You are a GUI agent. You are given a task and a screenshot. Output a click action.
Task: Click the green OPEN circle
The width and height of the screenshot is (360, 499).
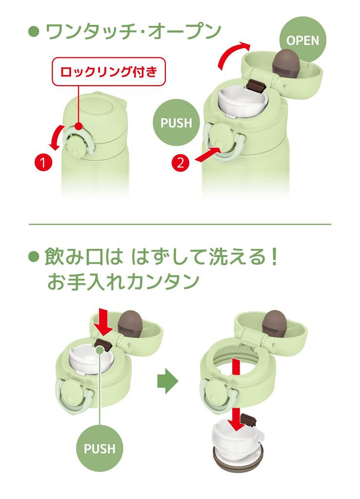click(303, 40)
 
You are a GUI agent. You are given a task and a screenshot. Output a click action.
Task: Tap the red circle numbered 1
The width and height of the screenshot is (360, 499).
click(43, 162)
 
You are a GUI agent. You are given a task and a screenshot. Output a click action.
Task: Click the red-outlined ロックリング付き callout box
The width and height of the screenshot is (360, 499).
click(109, 72)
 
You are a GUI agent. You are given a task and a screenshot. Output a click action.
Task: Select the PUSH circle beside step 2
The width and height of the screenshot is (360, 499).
click(176, 122)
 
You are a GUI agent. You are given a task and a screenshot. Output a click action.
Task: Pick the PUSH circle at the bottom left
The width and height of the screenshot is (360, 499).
click(99, 448)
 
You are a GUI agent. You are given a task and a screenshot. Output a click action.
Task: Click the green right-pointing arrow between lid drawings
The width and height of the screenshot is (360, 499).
click(168, 381)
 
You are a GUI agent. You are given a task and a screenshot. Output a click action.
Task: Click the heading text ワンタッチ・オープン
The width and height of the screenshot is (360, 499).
click(133, 32)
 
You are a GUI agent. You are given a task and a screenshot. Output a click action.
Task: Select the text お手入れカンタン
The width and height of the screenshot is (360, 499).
click(123, 281)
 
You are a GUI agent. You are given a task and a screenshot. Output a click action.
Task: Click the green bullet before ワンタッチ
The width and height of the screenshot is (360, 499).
click(34, 32)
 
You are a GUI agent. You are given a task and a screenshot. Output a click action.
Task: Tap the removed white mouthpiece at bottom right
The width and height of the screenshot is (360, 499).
click(237, 439)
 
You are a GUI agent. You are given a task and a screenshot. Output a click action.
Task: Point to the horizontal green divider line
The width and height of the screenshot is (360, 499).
click(180, 224)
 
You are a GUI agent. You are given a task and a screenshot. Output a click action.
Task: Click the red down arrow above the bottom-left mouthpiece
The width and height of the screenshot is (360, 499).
click(103, 322)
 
